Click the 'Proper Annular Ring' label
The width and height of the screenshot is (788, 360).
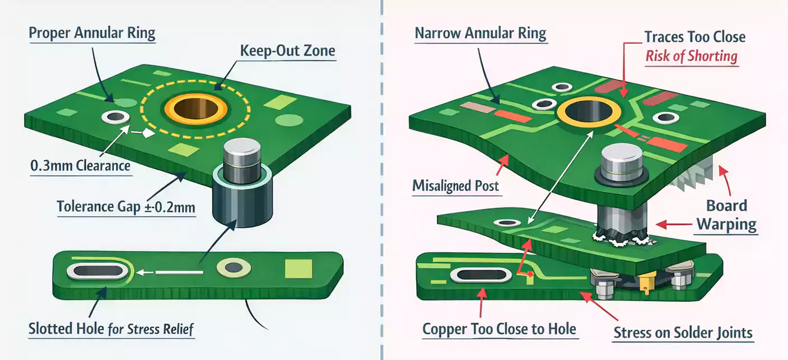click(91, 33)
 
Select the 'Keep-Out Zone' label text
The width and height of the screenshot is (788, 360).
click(287, 51)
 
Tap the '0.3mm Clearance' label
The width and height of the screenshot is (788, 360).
click(80, 166)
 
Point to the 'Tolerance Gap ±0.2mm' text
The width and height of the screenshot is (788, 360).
click(126, 208)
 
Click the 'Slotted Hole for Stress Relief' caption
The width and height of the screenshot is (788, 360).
click(111, 329)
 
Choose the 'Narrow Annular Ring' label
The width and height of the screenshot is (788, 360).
click(480, 33)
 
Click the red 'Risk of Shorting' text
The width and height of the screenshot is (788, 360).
click(691, 57)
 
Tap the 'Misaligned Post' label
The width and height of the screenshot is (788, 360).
click(455, 185)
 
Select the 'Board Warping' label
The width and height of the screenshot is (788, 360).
click(726, 215)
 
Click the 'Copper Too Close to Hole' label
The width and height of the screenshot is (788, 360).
click(499, 329)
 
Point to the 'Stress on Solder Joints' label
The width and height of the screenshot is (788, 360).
click(683, 333)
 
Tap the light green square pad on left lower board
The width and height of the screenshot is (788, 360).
click(297, 269)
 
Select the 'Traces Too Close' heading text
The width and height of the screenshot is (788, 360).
click(694, 38)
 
